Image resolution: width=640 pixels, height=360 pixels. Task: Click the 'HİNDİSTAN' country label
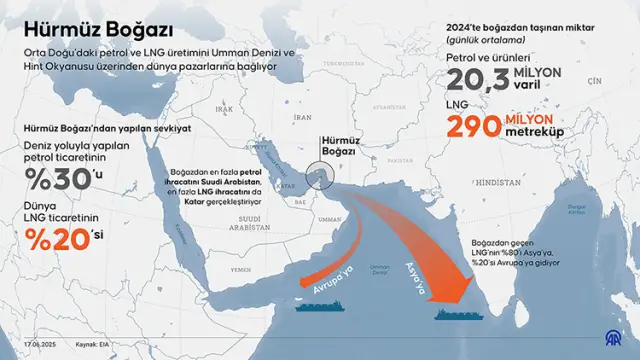[496, 184]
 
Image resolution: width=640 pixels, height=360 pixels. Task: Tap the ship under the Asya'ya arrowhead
[465, 315]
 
